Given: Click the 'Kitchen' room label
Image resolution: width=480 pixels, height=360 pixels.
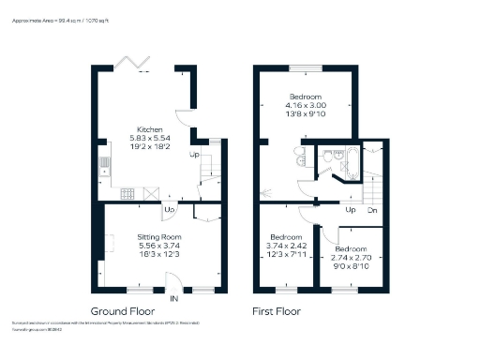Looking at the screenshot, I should coord(151,129).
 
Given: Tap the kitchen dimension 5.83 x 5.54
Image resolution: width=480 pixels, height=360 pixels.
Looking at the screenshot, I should coord(151,138).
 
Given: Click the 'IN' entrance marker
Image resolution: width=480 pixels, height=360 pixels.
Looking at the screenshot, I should coord(174,298).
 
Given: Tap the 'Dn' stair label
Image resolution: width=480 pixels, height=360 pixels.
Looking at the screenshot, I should coord(371,209).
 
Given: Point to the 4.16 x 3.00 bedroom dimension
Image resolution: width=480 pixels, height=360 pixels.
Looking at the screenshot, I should coord(306,105).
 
